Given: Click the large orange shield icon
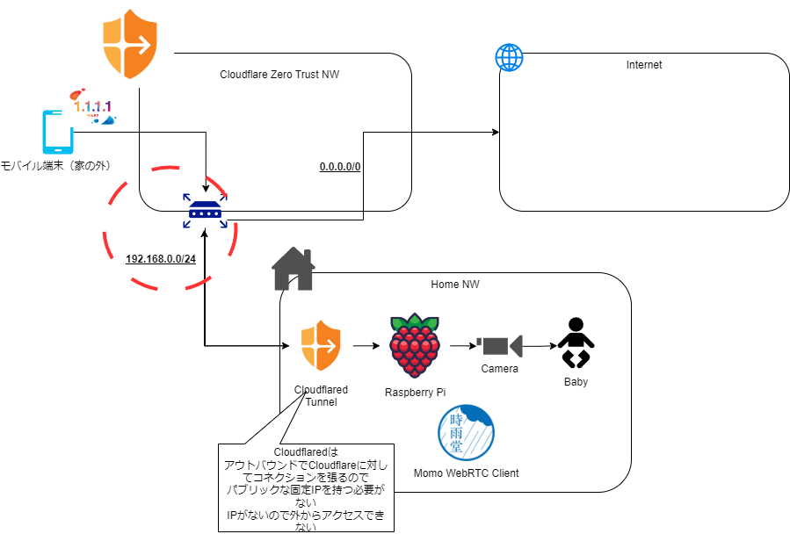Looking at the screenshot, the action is point(130,44).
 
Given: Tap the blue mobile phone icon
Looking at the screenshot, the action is point(58,132).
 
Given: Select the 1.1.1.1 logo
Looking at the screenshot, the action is point(93,107).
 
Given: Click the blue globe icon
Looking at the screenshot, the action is point(509,57).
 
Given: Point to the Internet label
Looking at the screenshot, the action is point(644,64).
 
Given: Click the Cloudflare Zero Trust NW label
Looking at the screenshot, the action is point(279,75).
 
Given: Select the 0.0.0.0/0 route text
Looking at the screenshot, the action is point(340,167).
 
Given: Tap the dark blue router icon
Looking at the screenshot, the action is point(205,211).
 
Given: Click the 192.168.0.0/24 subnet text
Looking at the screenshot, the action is point(161,259).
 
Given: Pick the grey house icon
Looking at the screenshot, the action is point(294,269).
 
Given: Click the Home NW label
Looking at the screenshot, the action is point(455,285).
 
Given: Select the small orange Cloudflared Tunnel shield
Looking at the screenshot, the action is point(321,345).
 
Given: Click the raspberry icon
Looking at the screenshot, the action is point(415,345).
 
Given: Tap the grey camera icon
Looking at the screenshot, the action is point(499,346).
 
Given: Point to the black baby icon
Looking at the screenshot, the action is point(576,343).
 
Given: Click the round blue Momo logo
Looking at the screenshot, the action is point(466,433).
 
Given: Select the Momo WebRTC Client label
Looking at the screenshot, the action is point(466,473).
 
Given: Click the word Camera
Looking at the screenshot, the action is point(499,369).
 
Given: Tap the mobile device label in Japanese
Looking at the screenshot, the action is point(55,166).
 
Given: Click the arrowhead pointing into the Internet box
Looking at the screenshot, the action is point(496,132).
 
